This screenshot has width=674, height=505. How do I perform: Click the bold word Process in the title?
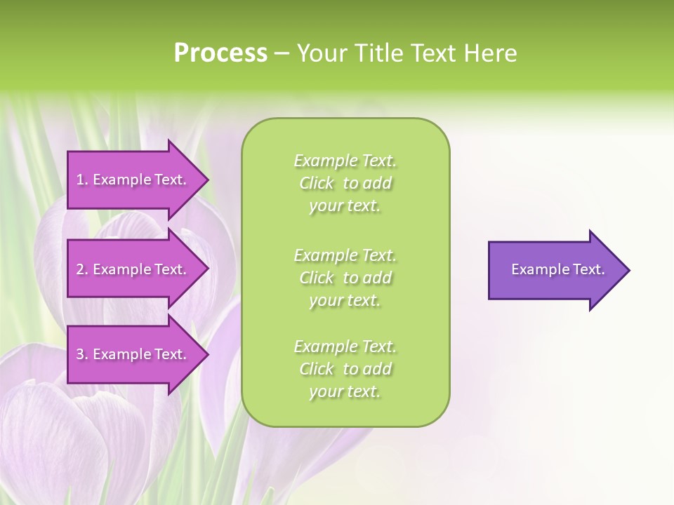click(x=220, y=53)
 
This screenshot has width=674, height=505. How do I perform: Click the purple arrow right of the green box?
click(x=555, y=270)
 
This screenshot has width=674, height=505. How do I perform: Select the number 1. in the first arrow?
click(x=82, y=180)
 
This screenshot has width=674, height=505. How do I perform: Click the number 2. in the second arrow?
click(x=82, y=270)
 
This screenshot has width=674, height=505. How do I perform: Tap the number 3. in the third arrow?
click(x=82, y=355)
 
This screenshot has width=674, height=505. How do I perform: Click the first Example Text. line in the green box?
click(x=345, y=161)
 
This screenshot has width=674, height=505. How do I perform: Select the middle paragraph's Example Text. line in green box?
click(x=345, y=255)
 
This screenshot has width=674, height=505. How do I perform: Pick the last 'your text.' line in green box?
click(x=345, y=392)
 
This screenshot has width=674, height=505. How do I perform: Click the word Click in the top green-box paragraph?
click(x=317, y=184)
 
